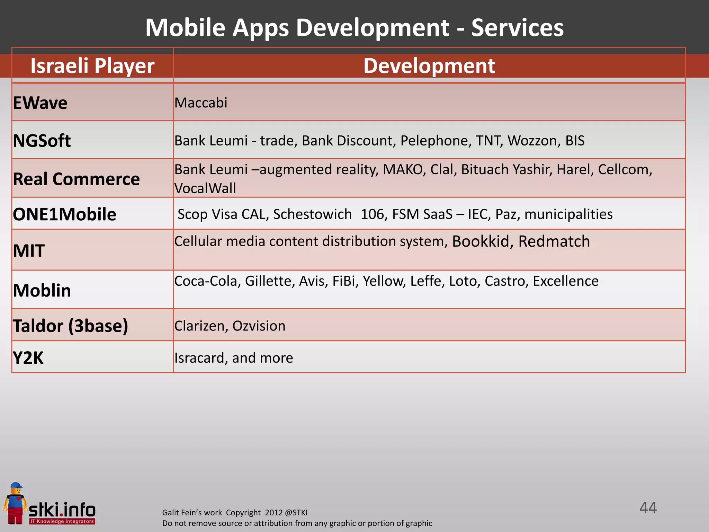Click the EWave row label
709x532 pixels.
point(40,103)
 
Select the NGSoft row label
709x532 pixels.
point(42,141)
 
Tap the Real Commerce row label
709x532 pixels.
point(76,179)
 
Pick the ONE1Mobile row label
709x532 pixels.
point(64,214)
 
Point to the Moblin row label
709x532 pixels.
point(42,290)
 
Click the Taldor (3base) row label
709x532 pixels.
point(70,326)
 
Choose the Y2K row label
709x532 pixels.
point(28,358)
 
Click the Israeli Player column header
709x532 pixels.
point(92,65)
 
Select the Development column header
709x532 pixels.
point(429,65)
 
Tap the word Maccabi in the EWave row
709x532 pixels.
point(201,103)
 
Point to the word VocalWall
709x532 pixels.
point(205,188)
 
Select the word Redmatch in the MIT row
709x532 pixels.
point(554,241)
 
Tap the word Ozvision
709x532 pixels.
point(259,326)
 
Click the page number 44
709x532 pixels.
point(648,508)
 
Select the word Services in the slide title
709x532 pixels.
point(517,28)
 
